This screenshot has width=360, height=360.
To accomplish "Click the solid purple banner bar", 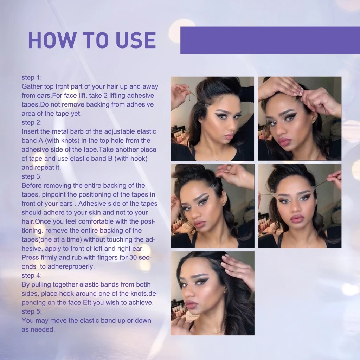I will pyautogui.click(x=270, y=40).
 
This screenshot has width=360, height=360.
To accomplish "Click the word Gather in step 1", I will pyautogui.click(x=32, y=86).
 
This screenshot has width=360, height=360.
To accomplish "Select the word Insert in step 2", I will pyautogui.click(x=30, y=131).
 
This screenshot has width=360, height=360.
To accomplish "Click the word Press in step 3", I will pyautogui.click(x=30, y=257).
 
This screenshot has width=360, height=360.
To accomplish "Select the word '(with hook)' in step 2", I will pyautogui.click(x=131, y=159).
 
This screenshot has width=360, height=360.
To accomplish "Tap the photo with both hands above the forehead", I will pyautogui.click(x=300, y=118).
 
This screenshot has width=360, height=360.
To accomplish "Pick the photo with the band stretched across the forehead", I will pyautogui.click(x=300, y=206).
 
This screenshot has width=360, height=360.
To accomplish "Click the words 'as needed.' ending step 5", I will pyautogui.click(x=38, y=329).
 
